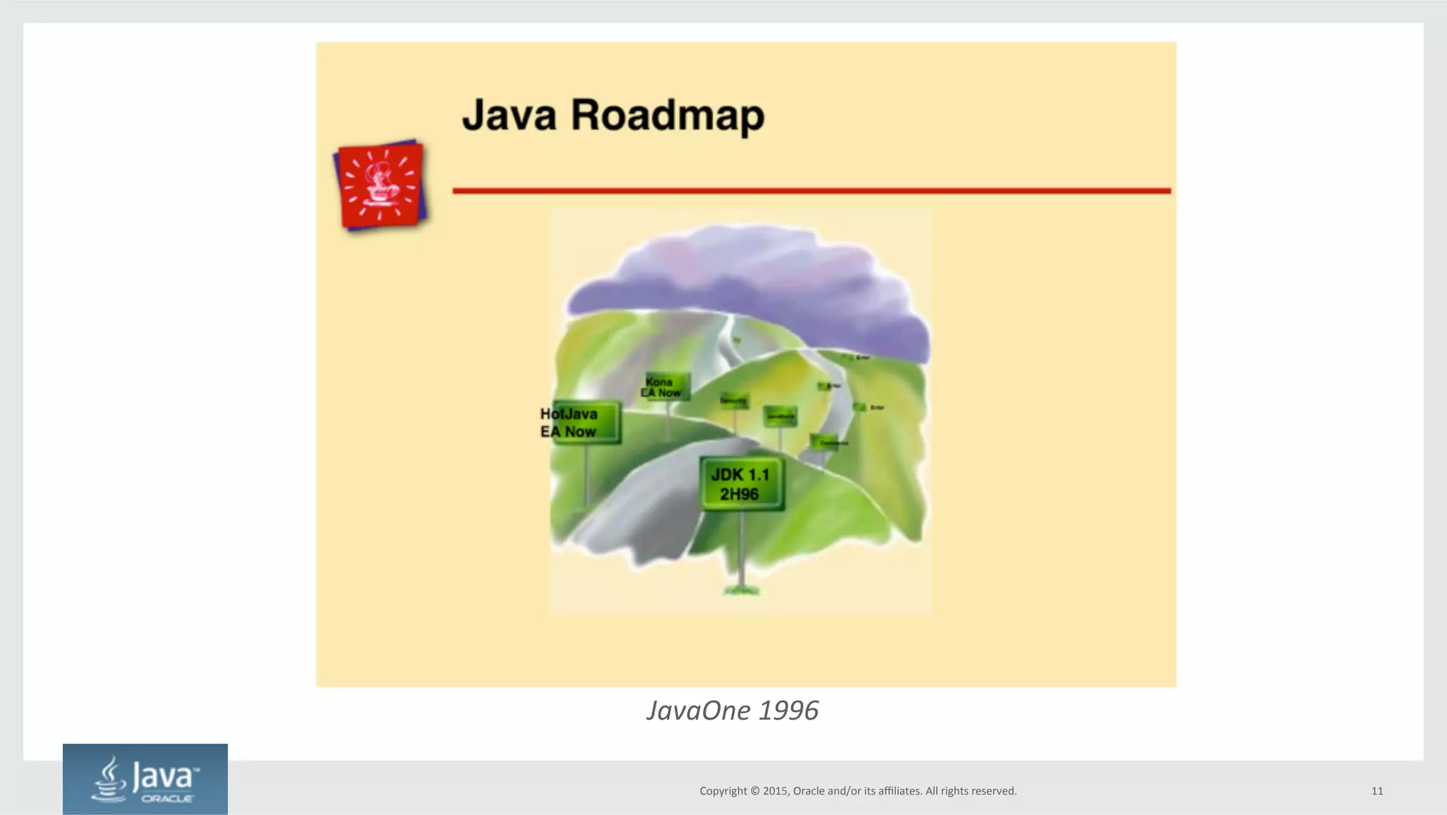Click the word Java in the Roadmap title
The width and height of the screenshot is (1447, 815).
pyautogui.click(x=509, y=115)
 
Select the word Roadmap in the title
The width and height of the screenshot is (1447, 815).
pyautogui.click(x=668, y=117)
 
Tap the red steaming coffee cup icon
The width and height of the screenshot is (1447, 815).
pyautogui.click(x=381, y=185)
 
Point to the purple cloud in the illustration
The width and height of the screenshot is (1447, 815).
pyautogui.click(x=749, y=276)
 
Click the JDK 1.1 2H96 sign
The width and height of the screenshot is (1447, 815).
pyautogui.click(x=740, y=483)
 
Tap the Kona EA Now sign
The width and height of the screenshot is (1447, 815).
pyautogui.click(x=664, y=387)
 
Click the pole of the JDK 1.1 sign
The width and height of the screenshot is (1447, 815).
pyautogui.click(x=742, y=548)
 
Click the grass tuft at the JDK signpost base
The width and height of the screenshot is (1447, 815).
pyautogui.click(x=741, y=589)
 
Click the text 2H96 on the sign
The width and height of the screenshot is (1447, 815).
pyautogui.click(x=739, y=494)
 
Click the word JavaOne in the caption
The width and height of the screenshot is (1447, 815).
pyautogui.click(x=698, y=710)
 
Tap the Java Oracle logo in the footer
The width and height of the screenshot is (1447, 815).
pyautogui.click(x=145, y=779)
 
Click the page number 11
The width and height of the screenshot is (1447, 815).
pyautogui.click(x=1377, y=791)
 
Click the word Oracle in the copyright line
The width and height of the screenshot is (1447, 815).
pyautogui.click(x=809, y=791)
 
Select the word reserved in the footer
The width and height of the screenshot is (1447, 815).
pyautogui.click(x=993, y=791)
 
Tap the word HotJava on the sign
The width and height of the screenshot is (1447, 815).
pyautogui.click(x=569, y=414)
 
